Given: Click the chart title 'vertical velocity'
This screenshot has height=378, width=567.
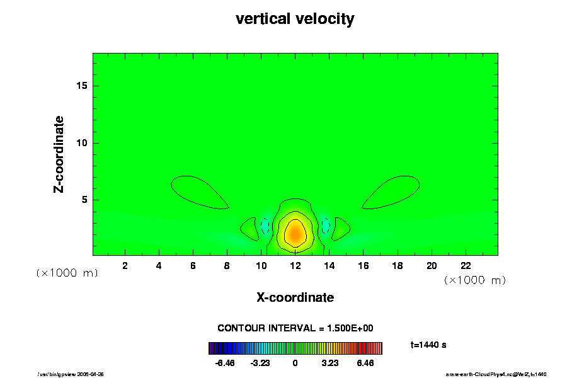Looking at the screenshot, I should [295, 19].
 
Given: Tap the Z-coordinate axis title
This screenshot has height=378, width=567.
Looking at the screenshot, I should [59, 154].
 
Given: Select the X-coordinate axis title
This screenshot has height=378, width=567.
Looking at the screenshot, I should [295, 297].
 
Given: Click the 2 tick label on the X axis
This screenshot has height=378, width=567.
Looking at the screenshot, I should [125, 266].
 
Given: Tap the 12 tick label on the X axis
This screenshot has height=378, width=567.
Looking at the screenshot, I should [295, 266].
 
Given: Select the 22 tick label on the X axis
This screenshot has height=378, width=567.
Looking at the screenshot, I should [466, 266].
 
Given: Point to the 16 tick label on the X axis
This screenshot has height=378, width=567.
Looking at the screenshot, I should [363, 266].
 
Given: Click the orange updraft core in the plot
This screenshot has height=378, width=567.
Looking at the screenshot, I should [294, 234].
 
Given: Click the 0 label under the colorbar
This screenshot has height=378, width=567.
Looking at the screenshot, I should [295, 364].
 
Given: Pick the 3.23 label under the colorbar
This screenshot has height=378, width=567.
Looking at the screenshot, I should [329, 364].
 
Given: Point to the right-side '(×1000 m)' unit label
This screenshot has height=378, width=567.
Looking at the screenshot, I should [474, 280].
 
